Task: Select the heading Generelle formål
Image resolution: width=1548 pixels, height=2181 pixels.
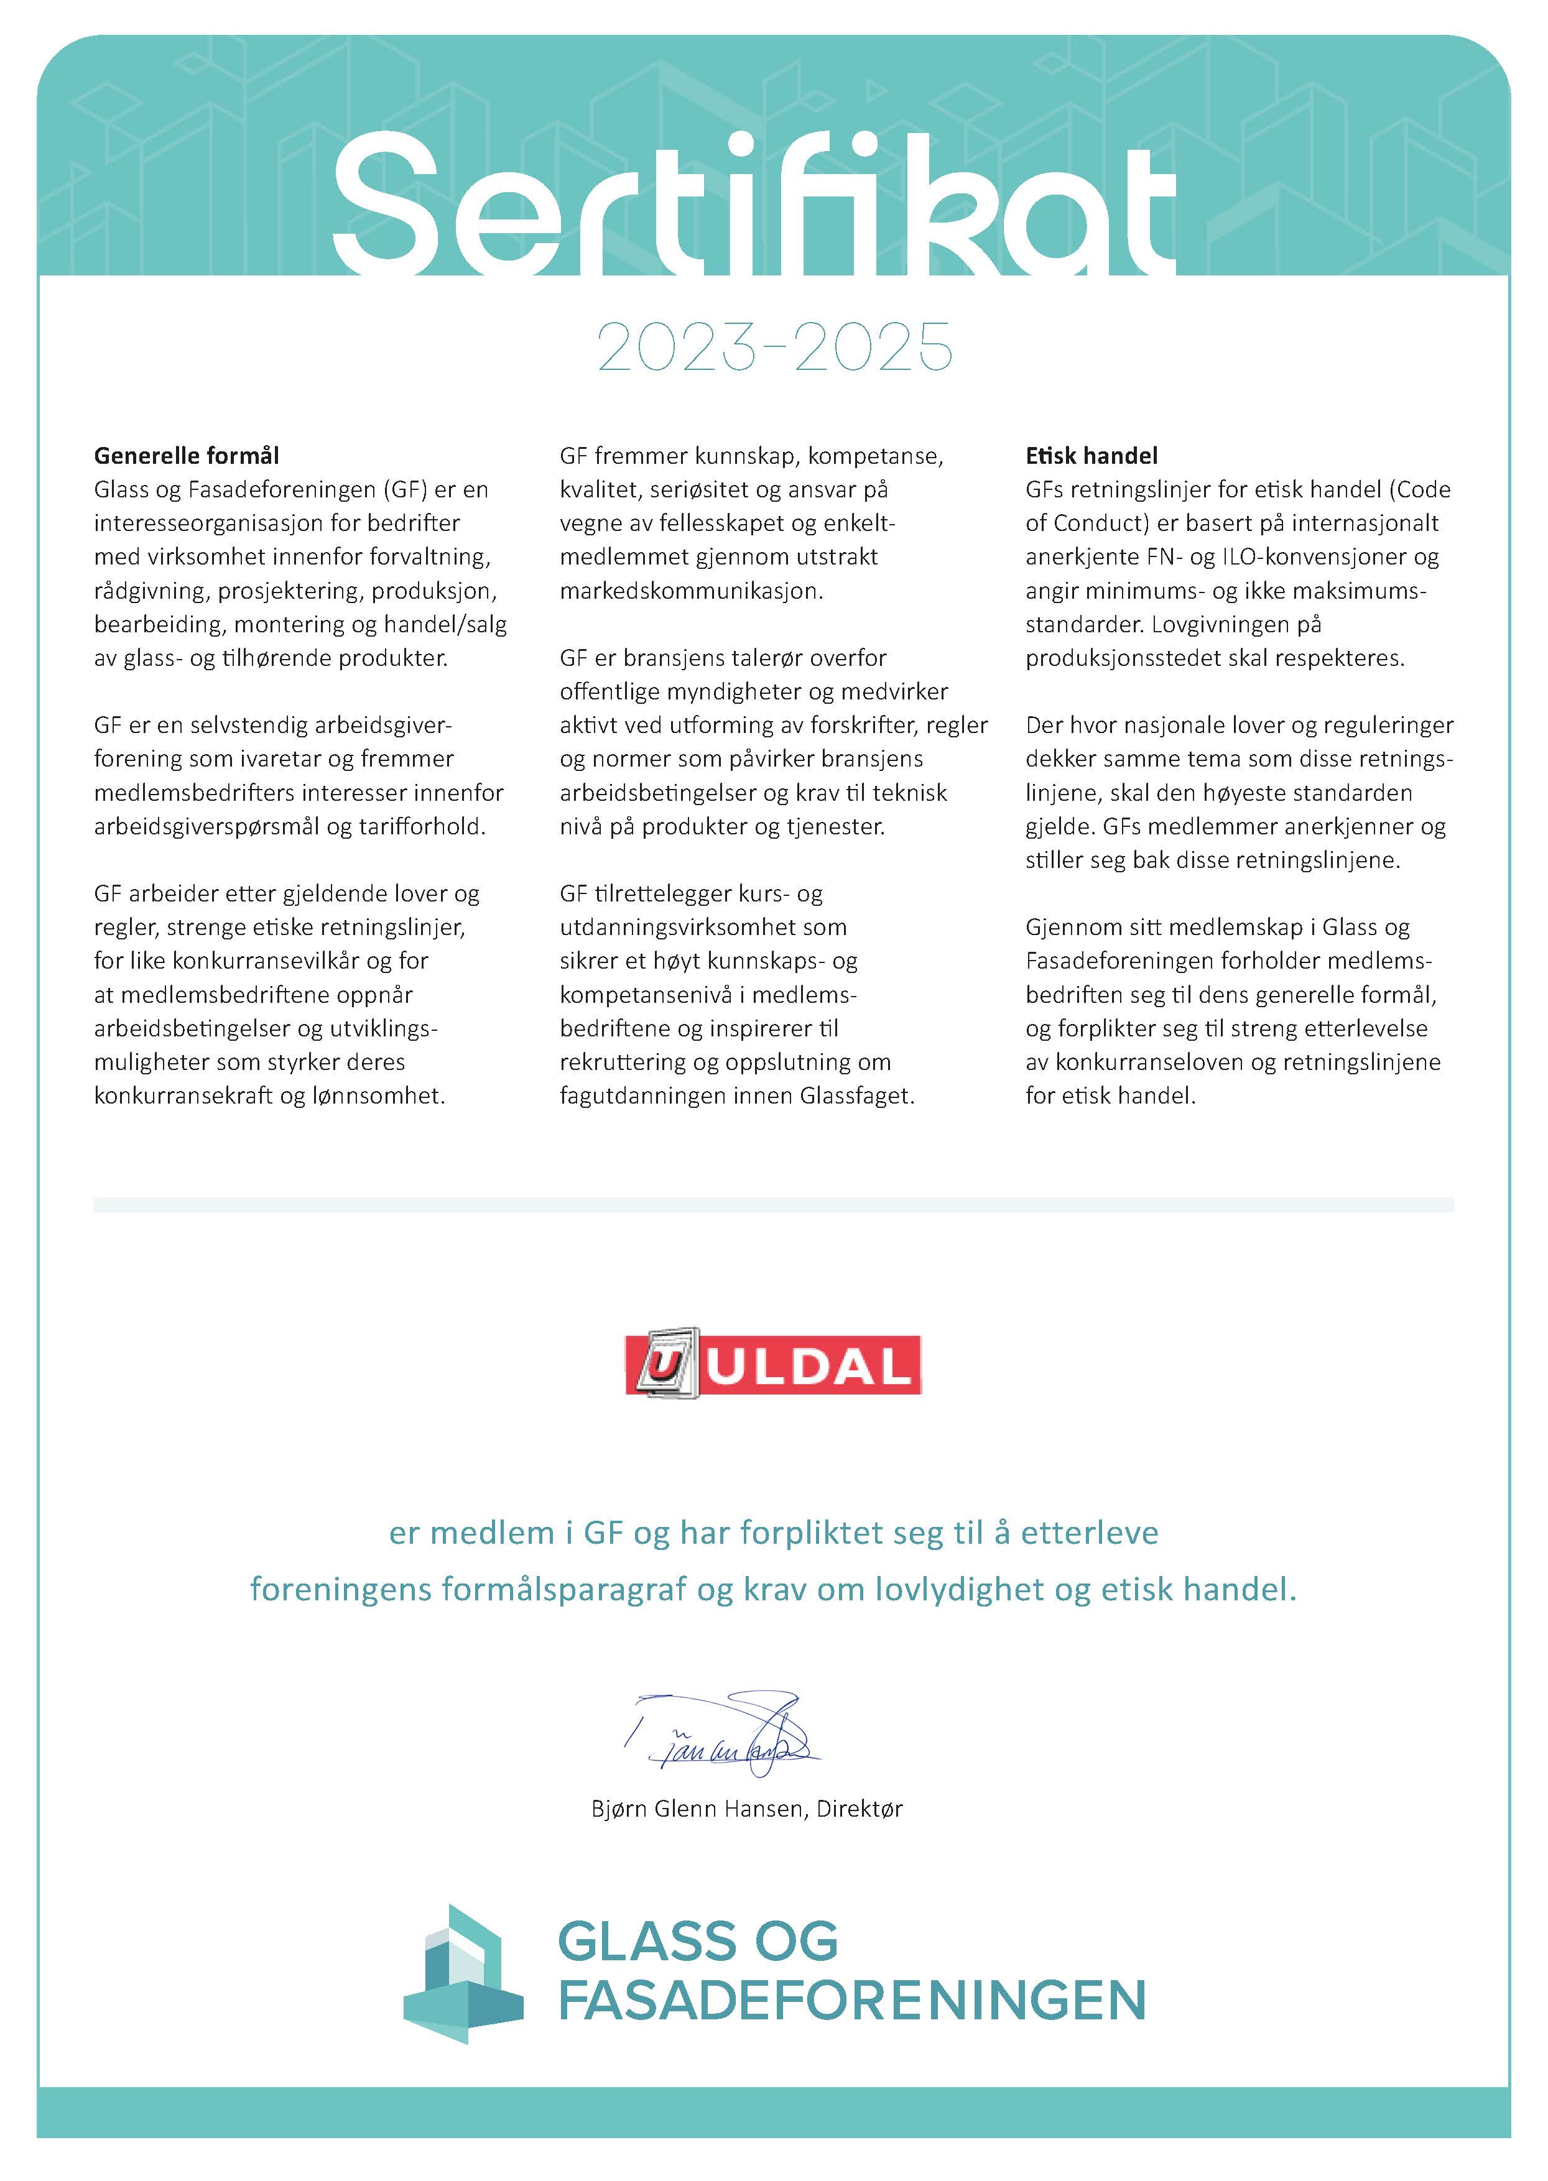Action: pos(186,456)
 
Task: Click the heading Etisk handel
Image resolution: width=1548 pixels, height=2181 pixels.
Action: pos(1091,456)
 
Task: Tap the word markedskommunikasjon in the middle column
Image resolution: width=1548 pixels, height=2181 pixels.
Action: pos(690,591)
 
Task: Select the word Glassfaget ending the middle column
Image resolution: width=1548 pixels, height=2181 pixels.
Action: pos(856,1095)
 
